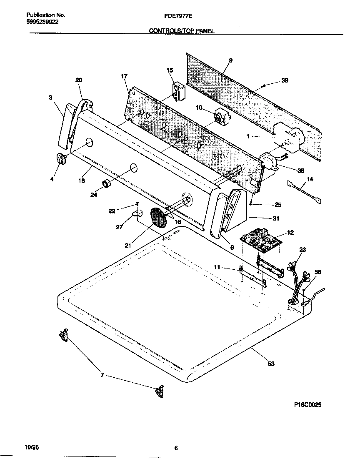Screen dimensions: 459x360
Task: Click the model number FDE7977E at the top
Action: pos(180,15)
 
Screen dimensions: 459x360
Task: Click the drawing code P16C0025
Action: pos(306,404)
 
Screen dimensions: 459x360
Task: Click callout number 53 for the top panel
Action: pos(271,364)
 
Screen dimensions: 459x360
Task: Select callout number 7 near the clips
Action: pos(102,375)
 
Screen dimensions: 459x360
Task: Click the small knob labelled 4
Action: pos(61,160)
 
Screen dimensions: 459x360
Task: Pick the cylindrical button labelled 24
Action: pos(107,183)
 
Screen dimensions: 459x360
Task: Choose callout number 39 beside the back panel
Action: pos(285,80)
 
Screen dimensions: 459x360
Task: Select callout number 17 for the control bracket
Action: pos(124,76)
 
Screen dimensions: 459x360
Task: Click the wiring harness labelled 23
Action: pos(297,283)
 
